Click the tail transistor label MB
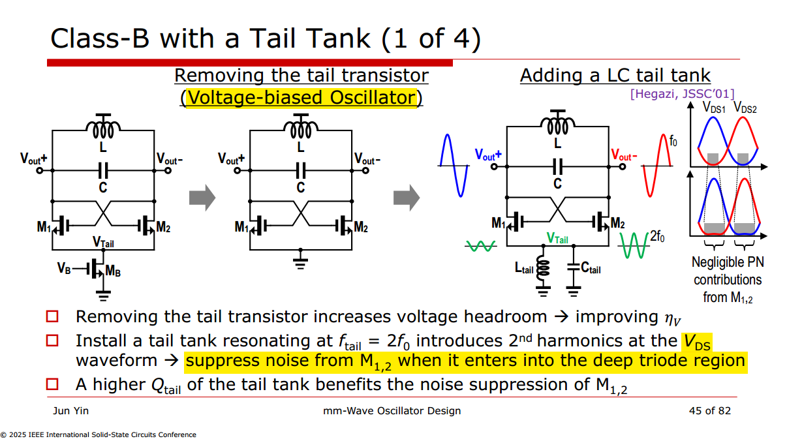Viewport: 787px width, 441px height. point(113,271)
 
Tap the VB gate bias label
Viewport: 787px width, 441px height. point(64,268)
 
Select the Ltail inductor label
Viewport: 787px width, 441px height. point(524,269)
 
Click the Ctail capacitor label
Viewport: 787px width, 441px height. point(591,268)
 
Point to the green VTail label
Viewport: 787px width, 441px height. point(557,238)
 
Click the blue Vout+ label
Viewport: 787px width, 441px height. point(488,155)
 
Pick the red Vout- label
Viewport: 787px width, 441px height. point(624,155)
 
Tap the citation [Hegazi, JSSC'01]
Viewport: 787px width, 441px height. point(683,94)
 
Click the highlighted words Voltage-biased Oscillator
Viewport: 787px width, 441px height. point(301,97)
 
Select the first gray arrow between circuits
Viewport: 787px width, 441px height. point(202,198)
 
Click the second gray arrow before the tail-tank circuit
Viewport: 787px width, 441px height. point(407,198)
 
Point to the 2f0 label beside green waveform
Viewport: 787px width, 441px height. point(657,236)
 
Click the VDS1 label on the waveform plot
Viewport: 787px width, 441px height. point(714,108)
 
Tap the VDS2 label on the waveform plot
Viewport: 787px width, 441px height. point(745,108)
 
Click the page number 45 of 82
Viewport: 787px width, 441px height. point(710,410)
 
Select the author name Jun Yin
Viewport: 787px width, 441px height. point(70,410)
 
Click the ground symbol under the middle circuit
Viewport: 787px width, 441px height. point(300,262)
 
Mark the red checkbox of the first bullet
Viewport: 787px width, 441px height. point(52,316)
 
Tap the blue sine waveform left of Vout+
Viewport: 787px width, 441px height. point(454,166)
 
